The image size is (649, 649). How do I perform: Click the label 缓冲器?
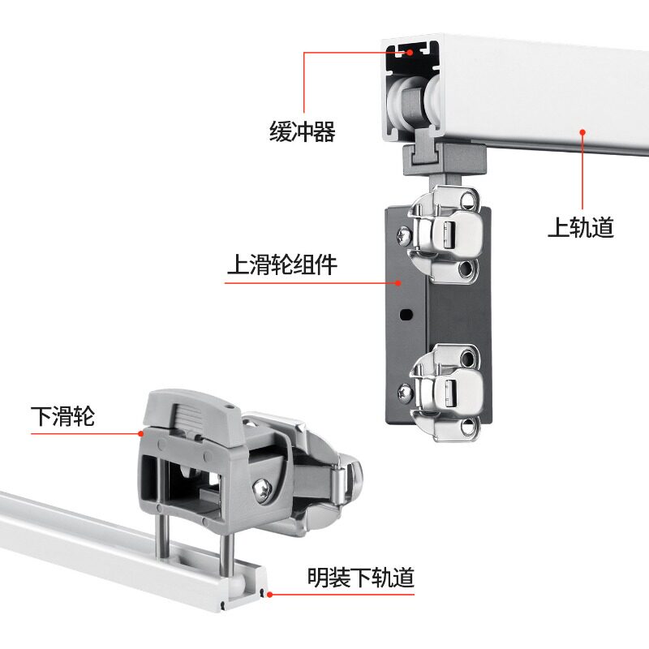pos(302,131)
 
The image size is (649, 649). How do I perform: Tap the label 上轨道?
pos(581,227)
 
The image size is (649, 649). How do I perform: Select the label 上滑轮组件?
pos(282,264)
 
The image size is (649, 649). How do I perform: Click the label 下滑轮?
pos(63,416)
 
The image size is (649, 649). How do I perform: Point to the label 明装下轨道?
pos(360,578)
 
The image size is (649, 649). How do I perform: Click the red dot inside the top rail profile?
pos(410,52)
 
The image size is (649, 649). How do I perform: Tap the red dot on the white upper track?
pos(582,132)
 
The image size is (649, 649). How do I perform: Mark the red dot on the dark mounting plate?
pos(398,283)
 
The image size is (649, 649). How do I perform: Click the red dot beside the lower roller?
pos(141,433)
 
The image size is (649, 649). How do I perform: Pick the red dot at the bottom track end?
pos(269,595)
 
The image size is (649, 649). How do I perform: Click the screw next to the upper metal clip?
pos(403,236)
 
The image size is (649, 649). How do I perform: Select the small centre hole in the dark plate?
pos(406,314)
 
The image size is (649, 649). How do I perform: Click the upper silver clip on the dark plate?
pos(445,234)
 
